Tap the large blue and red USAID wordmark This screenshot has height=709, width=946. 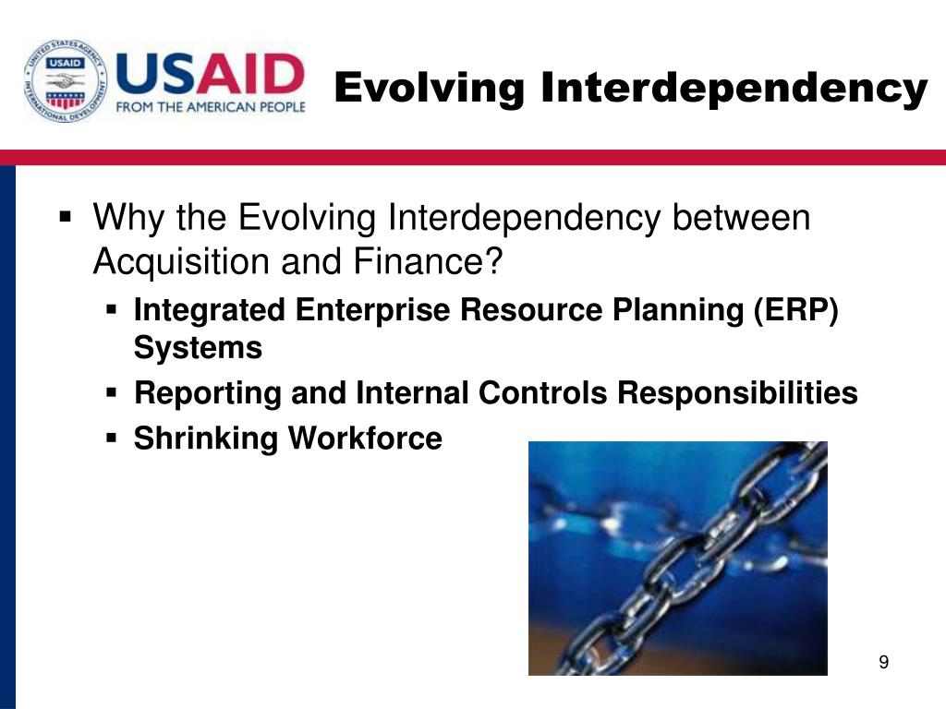point(210,74)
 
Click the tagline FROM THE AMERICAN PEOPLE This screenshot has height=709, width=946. point(211,107)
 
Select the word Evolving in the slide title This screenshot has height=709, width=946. point(430,89)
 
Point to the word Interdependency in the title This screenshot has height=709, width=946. point(734,88)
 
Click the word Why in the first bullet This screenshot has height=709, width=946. point(129,218)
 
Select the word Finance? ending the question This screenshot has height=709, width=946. point(428,261)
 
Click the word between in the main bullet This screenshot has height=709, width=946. point(742,217)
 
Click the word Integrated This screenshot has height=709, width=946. point(210,311)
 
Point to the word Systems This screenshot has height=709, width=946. point(198,348)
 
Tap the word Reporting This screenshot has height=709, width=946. point(208,394)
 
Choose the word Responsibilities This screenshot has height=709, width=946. point(737,393)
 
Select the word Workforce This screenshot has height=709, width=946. point(365,438)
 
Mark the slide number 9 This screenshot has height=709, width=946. point(884,662)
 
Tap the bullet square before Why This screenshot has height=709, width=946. point(66,216)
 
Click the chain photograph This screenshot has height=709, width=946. point(677,559)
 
